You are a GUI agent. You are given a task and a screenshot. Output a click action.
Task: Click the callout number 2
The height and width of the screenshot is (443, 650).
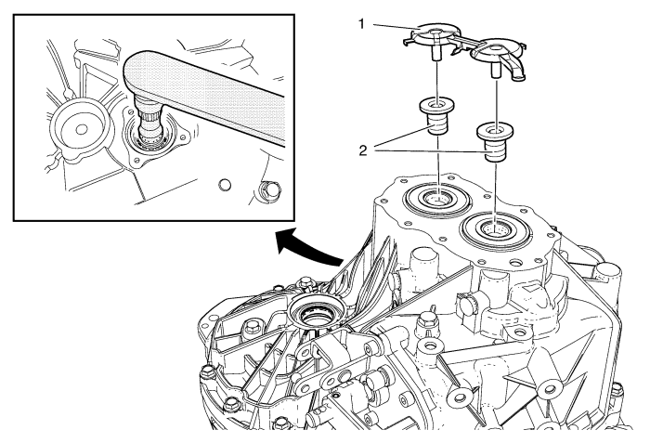pyautogui.click(x=366, y=148)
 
